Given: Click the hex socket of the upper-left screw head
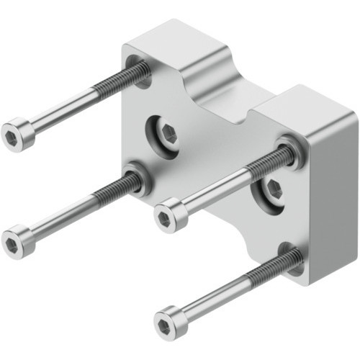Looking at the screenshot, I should pos(12,136).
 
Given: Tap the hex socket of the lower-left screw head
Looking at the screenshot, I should pos(12,245).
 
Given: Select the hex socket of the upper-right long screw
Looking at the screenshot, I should pos(165,217).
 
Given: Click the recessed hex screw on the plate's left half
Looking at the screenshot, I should pos(167,132).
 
